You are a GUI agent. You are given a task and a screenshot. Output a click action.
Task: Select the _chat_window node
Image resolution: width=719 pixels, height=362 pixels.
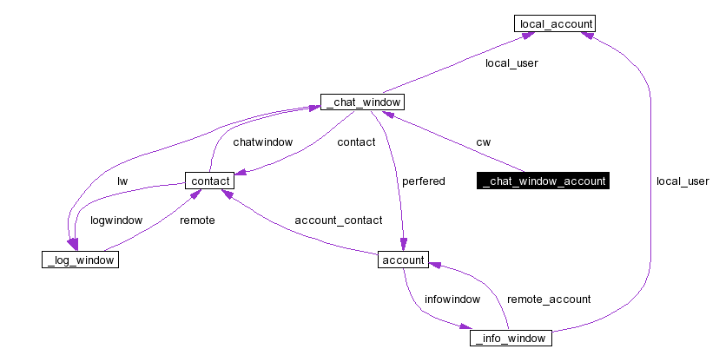361,102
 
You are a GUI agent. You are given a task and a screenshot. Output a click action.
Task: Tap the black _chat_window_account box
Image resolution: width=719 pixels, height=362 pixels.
543,181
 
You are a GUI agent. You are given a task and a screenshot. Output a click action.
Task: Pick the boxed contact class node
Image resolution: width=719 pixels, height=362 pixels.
209,181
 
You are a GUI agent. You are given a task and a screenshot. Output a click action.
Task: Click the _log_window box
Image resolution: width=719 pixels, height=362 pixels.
79,260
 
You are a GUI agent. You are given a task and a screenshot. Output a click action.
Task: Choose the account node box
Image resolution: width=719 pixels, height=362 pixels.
402,260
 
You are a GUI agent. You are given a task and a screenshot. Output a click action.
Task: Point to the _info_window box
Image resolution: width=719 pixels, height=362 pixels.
511,338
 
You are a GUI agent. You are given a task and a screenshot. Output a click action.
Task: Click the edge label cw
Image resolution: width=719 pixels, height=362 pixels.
483,142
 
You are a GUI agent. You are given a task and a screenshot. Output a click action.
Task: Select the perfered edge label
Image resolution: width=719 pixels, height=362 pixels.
423,181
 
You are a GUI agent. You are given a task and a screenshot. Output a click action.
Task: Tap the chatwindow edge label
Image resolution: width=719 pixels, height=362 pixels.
262,142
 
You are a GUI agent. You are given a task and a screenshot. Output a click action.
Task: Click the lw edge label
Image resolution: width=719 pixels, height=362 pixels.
122,181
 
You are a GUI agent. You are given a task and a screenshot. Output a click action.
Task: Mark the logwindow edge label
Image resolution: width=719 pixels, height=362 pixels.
116,220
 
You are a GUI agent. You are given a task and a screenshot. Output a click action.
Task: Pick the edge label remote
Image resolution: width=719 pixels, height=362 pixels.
197,220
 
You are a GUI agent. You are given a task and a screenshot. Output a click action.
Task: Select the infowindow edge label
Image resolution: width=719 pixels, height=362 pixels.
452,299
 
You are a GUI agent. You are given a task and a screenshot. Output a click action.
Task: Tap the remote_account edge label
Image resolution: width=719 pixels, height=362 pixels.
549,299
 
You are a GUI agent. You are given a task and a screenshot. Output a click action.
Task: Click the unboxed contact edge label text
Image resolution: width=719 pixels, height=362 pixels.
356,142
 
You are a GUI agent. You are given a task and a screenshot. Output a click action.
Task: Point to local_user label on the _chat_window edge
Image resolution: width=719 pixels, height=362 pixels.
511,63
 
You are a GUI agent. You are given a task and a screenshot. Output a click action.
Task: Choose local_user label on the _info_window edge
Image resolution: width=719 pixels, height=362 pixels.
683,181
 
